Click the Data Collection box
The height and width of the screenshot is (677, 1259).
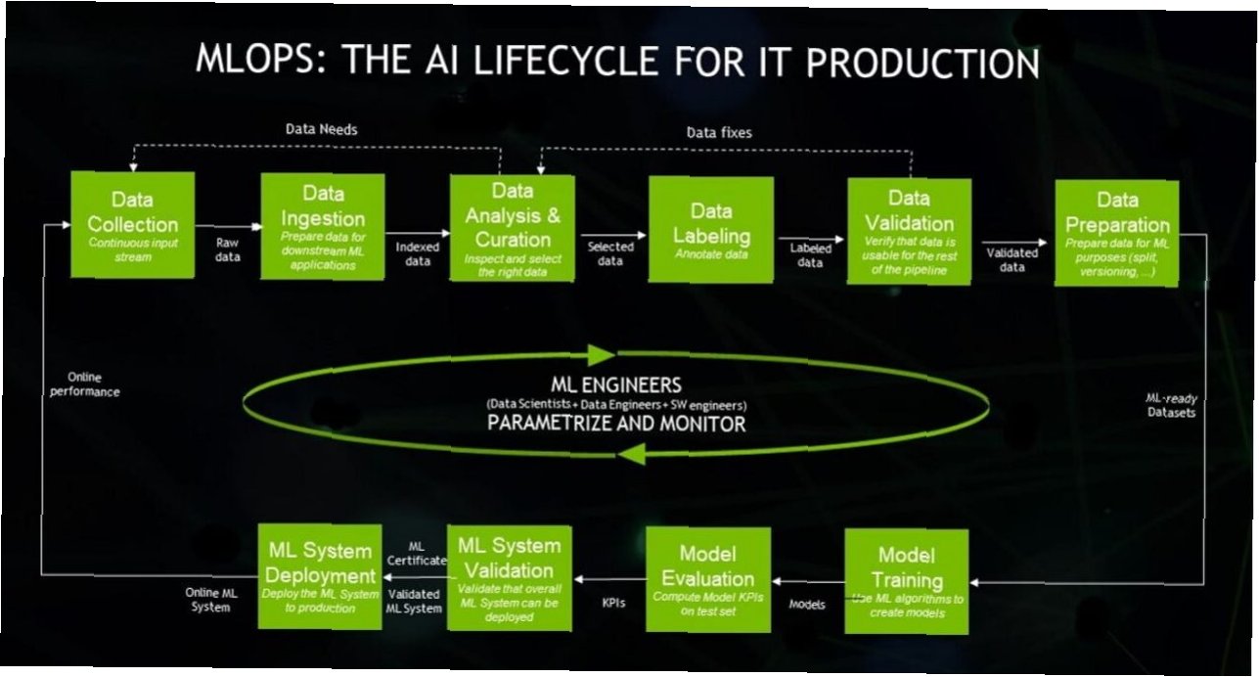[132, 225]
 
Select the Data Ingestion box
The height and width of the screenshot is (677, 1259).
[322, 227]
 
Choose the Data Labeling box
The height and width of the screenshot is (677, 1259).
[710, 230]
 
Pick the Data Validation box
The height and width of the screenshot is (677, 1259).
[909, 232]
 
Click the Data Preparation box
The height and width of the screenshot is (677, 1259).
[1116, 233]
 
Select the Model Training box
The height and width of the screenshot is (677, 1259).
[906, 581]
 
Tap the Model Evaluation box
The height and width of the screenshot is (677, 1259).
[707, 578]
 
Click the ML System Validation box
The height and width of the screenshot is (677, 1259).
[509, 575]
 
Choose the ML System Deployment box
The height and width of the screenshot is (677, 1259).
[320, 575]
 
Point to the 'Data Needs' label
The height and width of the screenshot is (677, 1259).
[322, 129]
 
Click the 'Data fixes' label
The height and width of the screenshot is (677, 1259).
[719, 132]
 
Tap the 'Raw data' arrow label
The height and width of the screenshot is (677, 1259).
[228, 248]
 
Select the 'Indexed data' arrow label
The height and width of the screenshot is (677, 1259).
[418, 254]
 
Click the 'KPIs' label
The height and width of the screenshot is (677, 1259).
[613, 603]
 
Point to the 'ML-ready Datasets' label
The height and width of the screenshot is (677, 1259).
[1171, 405]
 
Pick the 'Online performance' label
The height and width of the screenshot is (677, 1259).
[93, 384]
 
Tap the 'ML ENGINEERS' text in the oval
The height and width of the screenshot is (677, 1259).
[616, 384]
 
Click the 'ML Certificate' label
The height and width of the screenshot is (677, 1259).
[417, 553]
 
